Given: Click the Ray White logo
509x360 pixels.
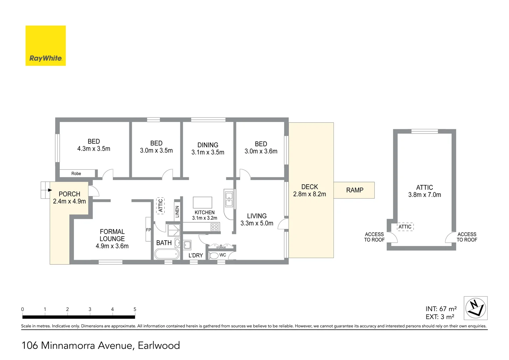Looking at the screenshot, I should click(46, 46).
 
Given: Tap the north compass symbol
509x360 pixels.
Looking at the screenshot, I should click(475, 308).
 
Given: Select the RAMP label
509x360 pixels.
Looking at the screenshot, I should click(354, 190).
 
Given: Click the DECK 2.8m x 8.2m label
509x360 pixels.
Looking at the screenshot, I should click(309, 191).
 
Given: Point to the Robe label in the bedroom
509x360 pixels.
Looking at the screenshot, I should click(76, 174).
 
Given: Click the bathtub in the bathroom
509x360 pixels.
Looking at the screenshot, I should click(167, 254).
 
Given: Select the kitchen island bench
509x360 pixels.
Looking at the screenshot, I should click(203, 203).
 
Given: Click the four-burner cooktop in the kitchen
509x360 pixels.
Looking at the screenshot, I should click(215, 227).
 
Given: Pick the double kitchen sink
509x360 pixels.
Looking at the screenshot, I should click(229, 199).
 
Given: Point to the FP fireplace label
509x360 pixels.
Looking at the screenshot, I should click(148, 230).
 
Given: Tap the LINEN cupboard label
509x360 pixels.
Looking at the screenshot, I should click(177, 212).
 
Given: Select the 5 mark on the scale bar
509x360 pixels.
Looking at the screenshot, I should click(135, 309).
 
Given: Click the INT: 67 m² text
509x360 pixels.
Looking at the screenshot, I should click(441, 309).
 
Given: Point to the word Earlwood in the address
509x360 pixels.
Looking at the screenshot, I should click(159, 345).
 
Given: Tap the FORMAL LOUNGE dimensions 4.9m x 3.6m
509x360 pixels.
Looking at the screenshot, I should click(112, 246).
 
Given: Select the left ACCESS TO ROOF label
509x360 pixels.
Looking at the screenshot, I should click(374, 237).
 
